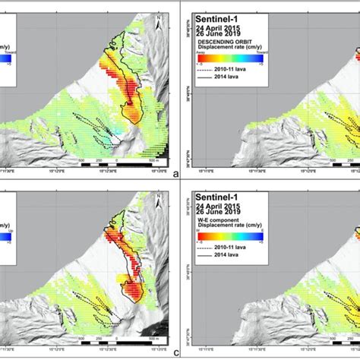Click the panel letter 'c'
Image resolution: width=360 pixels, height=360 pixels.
(x=175, y=353)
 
